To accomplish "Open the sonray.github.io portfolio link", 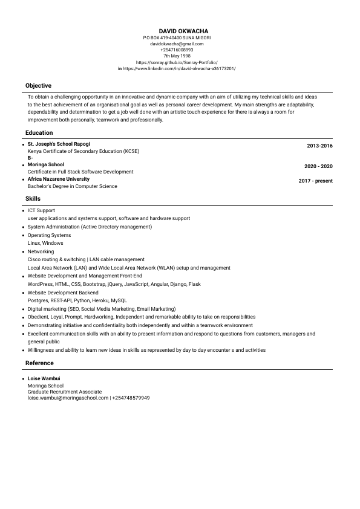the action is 177,62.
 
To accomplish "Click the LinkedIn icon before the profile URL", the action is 120,69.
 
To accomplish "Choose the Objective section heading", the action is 38,86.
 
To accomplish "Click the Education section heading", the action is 39,133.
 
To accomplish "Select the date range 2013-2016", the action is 319,146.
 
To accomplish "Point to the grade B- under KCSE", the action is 30,158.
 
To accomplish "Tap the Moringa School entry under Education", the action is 45,164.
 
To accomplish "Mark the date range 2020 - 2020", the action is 318,166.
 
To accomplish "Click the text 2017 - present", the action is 315,181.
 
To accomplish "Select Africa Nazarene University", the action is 58,179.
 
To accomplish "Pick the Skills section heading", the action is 33,198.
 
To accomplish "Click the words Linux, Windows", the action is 45,243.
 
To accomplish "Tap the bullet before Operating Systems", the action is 23,235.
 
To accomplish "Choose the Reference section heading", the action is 39,363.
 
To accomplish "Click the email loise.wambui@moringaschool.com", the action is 68,398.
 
